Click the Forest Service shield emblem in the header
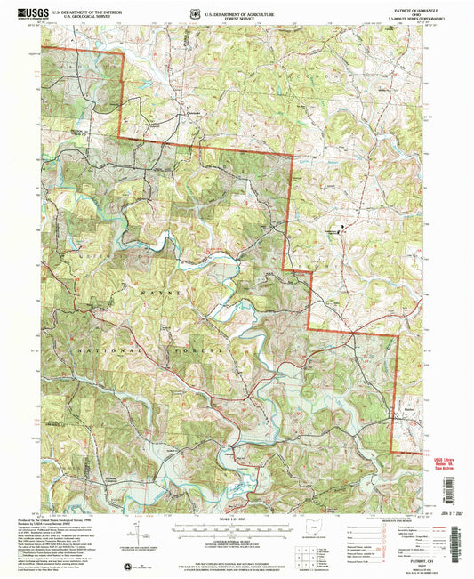click(x=196, y=14)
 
